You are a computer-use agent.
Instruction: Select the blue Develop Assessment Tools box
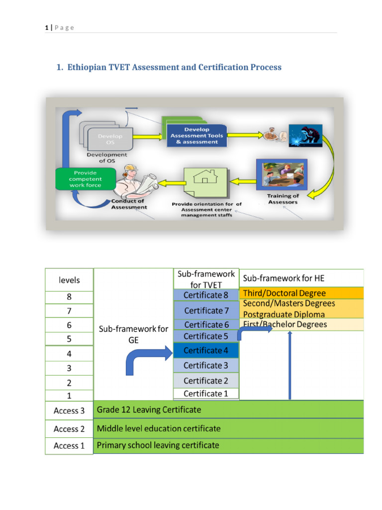(197, 135)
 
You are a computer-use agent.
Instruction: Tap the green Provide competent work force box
(85, 179)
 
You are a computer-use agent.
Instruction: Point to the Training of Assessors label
(283, 199)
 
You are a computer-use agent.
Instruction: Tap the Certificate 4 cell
(206, 351)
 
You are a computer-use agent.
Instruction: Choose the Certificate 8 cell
(206, 295)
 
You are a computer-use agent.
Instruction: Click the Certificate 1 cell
(206, 393)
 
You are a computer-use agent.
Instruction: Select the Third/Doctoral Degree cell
(284, 293)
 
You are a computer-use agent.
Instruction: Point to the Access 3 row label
(69, 411)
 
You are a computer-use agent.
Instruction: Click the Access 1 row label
(69, 446)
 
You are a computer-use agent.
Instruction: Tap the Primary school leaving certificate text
(158, 445)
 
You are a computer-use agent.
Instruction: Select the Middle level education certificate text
(159, 428)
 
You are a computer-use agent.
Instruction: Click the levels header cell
(69, 280)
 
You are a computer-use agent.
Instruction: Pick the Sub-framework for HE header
(284, 278)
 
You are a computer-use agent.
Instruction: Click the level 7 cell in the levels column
(69, 310)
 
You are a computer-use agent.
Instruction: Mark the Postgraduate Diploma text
(284, 314)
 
